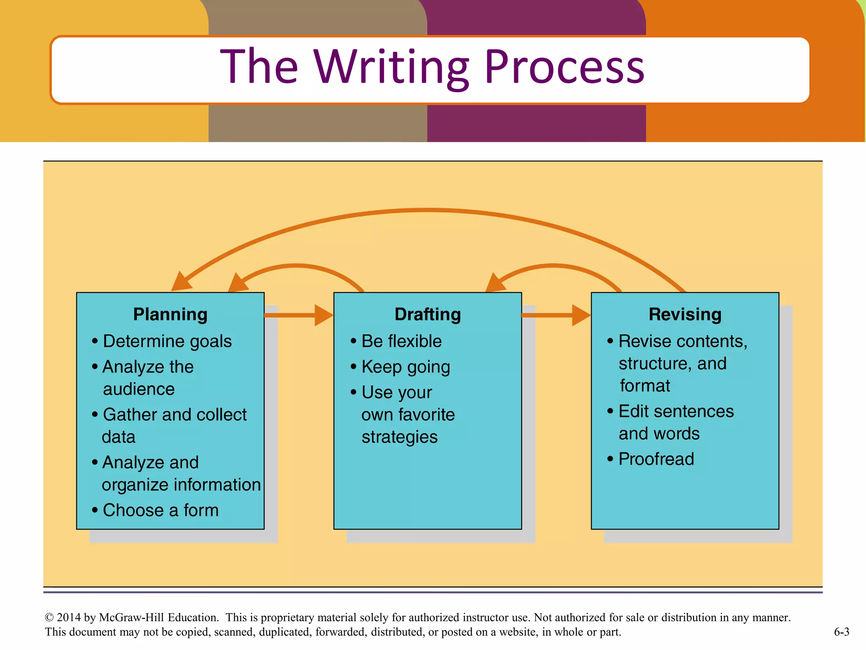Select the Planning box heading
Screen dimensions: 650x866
coord(170,314)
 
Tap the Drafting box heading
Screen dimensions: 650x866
coord(428,314)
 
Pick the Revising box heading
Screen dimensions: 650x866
coord(685,314)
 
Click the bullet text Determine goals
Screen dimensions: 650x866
coord(167,341)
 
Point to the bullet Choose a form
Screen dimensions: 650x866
coord(161,510)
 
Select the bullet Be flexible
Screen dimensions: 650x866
coord(401,341)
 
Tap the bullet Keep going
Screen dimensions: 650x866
coord(406,367)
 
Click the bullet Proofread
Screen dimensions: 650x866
coord(656,459)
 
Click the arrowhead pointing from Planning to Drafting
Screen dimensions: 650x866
coord(324,315)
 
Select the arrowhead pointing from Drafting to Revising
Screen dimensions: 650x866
coord(581,315)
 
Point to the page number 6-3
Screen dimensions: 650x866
coord(841,632)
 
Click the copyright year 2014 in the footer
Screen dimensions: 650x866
coord(69,617)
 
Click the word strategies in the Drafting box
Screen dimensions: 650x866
coord(400,437)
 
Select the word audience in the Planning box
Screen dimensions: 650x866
coord(139,389)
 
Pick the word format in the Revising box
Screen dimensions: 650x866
coord(645,386)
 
